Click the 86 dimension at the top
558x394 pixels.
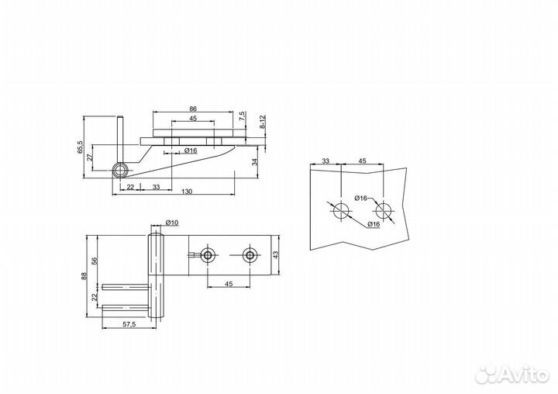pos(193,109)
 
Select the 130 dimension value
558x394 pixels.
pos(187,192)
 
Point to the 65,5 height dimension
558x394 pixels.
pos(80,147)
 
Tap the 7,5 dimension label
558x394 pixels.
pos(242,116)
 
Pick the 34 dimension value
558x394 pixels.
pos(254,162)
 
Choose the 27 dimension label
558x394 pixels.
pos(90,157)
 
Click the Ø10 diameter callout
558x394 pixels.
pos(172,223)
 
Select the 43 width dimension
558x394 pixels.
pos(276,254)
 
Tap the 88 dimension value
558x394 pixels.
pos(84,276)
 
